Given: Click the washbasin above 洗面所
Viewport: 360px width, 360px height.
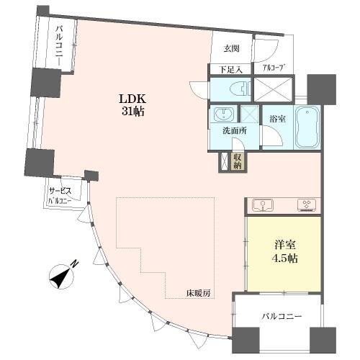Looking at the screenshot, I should pos(222,114).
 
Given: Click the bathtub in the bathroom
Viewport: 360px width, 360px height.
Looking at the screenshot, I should pos(311,125).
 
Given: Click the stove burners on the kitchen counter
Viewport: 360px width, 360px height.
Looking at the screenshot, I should pos(308,204).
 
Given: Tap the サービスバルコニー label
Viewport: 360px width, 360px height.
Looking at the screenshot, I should pos(59,197).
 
